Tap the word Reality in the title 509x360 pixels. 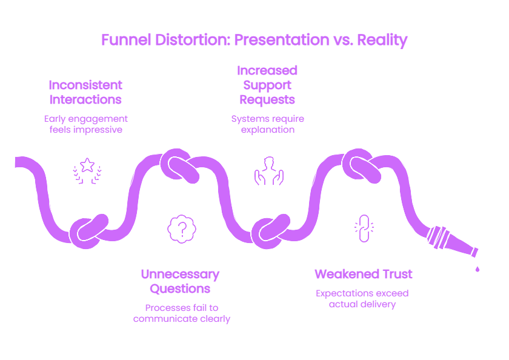point(382,41)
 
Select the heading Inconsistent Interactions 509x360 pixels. point(85,92)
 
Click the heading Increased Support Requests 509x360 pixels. point(267,85)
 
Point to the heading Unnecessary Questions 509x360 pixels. point(180,281)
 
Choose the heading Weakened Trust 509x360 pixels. point(363,274)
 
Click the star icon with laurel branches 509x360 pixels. point(87,171)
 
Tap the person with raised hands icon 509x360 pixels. point(269,171)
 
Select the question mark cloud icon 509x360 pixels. point(182,229)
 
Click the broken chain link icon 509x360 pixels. point(364,228)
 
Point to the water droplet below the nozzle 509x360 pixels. point(477,268)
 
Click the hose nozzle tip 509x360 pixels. point(475,252)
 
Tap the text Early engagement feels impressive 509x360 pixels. point(85,124)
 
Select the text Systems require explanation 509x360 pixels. point(267,124)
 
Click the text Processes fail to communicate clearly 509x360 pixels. point(181,313)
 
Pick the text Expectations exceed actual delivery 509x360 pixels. point(362,299)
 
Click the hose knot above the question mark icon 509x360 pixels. point(179,165)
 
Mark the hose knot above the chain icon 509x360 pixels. point(361,165)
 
